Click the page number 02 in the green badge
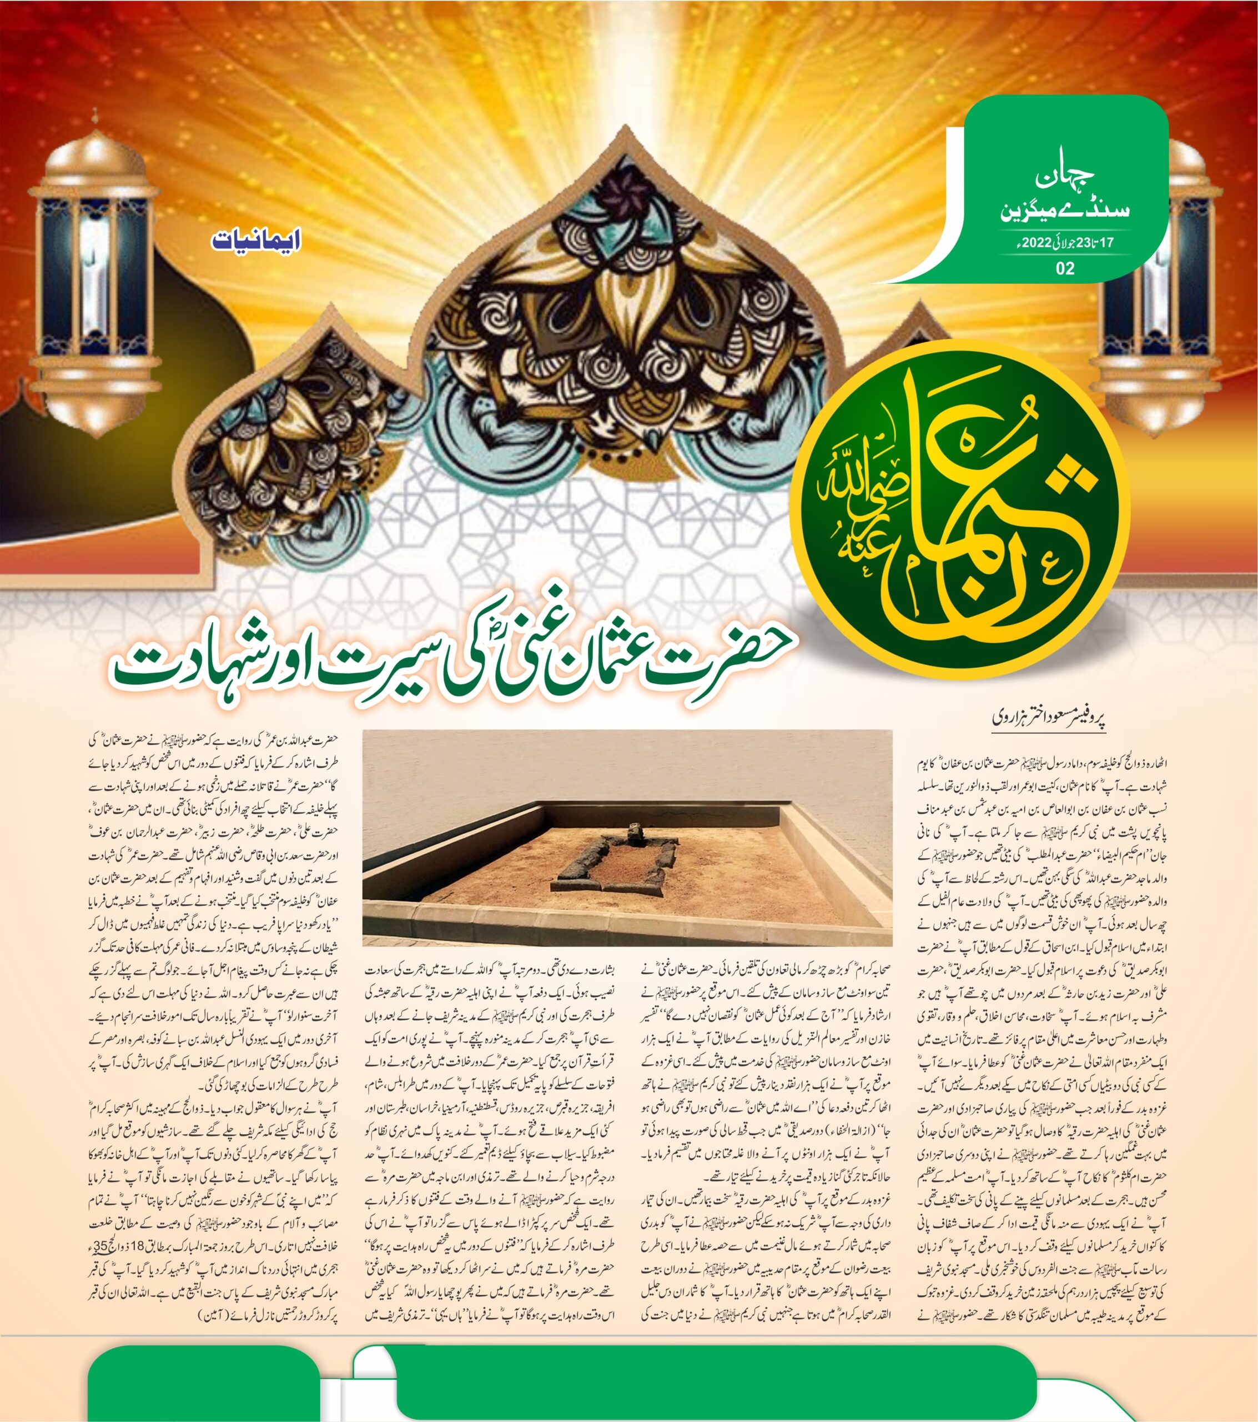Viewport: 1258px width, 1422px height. coord(1064,268)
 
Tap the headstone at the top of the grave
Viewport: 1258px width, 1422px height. coord(633,832)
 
